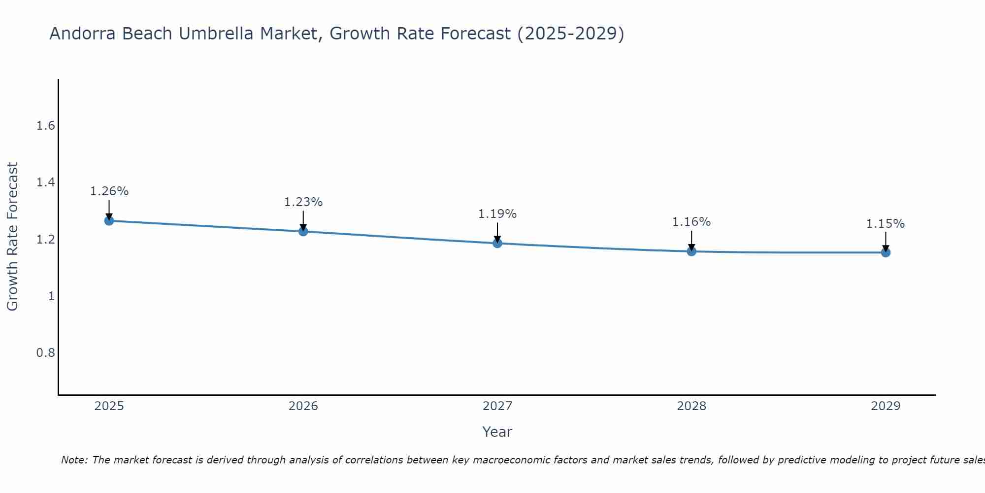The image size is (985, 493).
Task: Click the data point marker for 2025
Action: click(x=109, y=220)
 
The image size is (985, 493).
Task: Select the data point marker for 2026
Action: click(x=303, y=231)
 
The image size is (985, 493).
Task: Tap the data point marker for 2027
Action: click(x=497, y=243)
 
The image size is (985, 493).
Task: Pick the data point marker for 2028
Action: click(x=691, y=251)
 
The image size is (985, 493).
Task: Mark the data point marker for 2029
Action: click(x=886, y=252)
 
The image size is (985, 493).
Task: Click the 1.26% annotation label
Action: click(x=109, y=191)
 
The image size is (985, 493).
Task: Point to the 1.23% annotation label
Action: click(x=303, y=202)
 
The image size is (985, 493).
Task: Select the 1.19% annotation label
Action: click(x=497, y=214)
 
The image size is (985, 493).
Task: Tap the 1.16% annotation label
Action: click(x=691, y=222)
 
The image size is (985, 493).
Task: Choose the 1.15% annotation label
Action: click(x=886, y=224)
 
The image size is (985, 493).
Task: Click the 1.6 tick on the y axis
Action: click(x=45, y=126)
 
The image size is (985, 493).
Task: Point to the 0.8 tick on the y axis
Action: click(x=45, y=353)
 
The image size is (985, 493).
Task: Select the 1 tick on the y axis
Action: click(x=51, y=296)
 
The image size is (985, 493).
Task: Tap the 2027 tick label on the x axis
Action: click(x=497, y=406)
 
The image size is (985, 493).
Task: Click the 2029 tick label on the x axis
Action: click(x=886, y=406)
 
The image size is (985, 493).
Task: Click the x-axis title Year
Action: click(x=497, y=432)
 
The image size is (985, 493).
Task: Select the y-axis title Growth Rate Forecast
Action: click(x=12, y=237)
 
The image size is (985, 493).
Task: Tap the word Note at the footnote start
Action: click(x=74, y=460)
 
